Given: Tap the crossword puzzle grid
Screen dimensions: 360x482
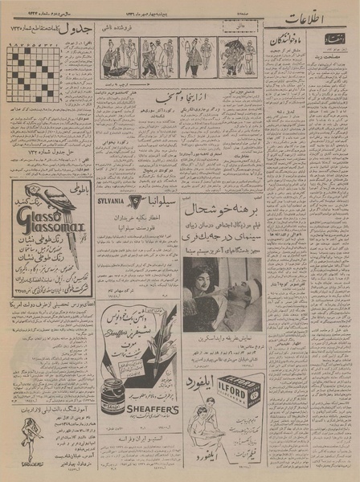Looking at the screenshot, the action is click(32, 73).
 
